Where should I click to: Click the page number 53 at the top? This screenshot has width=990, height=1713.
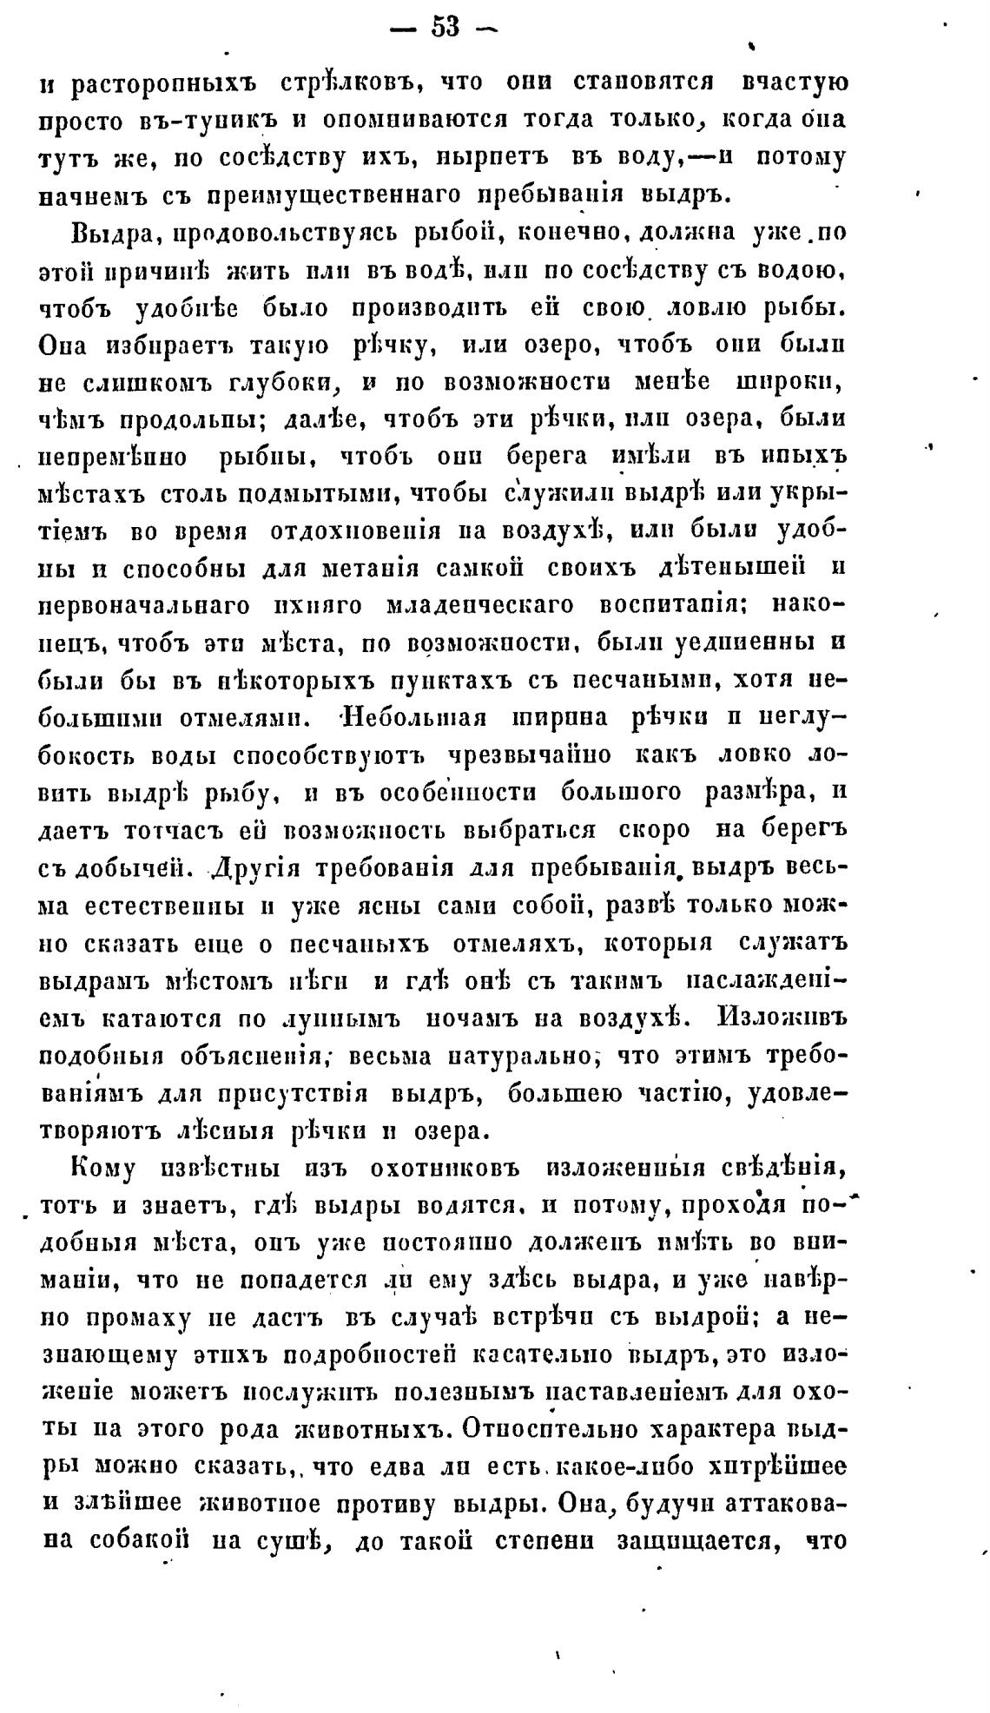445,27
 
